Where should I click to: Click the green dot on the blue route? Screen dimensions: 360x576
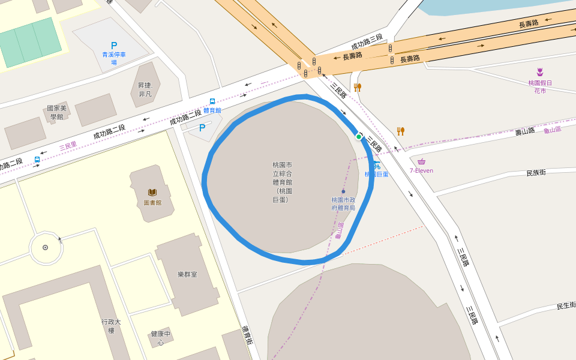359,137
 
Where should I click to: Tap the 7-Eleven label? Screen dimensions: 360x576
421,170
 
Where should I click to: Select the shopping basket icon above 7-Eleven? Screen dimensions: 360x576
421,161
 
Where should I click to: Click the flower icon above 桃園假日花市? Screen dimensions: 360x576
540,72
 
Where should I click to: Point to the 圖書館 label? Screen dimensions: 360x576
152,203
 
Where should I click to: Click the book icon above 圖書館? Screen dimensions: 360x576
152,193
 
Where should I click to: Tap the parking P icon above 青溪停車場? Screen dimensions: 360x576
113,45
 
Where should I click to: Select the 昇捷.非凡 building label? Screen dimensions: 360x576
145,90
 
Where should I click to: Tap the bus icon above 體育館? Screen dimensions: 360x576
212,101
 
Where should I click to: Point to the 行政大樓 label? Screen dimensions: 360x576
111,326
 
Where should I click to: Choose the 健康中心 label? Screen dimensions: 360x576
160,338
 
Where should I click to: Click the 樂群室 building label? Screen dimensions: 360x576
187,274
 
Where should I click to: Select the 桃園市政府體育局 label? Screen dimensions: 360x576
343,203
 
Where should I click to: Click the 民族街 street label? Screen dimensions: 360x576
536,173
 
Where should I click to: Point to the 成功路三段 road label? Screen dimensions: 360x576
367,41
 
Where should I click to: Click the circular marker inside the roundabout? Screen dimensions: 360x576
45,247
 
